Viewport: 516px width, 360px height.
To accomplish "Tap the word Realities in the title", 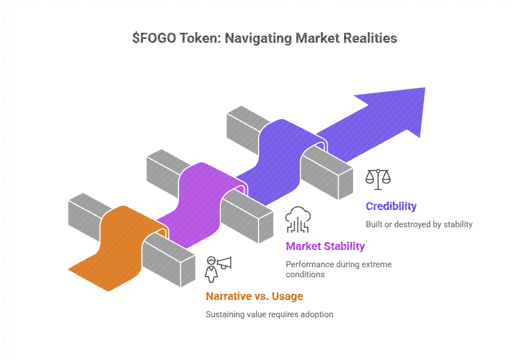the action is [x=370, y=38].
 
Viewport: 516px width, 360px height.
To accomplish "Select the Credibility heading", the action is [x=391, y=206].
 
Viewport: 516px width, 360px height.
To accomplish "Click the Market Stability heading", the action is [x=325, y=246].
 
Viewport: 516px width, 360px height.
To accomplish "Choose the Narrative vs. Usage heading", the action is [x=254, y=296].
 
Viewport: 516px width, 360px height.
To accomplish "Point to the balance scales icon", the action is [x=378, y=177].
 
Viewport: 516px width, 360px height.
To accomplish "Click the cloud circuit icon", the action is [x=298, y=219].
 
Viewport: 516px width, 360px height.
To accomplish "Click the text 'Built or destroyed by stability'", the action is [x=419, y=224].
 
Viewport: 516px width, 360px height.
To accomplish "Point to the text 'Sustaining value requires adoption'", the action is [x=269, y=314].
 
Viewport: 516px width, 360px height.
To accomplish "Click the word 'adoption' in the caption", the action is [x=316, y=314].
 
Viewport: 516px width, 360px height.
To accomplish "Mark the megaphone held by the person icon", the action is [x=224, y=262].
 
